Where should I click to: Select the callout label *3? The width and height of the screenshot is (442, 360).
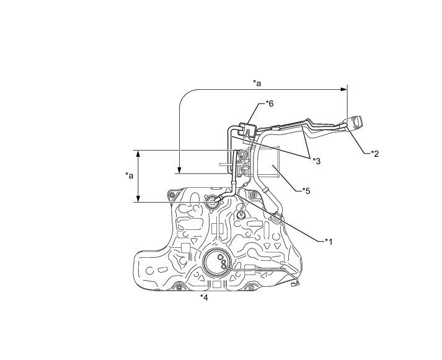tap(316, 160)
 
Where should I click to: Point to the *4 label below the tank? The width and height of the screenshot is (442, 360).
tap(205, 297)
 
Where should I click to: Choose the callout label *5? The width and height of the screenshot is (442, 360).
tap(306, 190)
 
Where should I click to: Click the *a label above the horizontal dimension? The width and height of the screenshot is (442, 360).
tap(257, 82)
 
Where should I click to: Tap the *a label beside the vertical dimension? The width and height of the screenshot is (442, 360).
tap(129, 175)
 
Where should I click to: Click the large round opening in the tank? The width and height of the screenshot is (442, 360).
tap(220, 263)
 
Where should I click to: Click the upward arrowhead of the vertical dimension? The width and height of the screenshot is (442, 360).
tap(138, 153)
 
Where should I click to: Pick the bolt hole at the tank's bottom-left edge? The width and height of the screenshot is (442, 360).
tap(179, 286)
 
